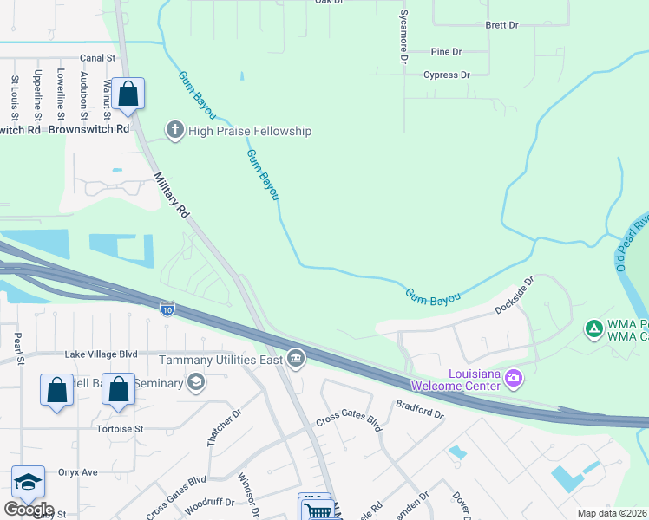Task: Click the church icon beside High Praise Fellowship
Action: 174,131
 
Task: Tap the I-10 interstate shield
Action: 167,308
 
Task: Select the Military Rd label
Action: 171,194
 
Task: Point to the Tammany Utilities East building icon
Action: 296,358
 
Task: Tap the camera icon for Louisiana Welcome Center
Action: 514,378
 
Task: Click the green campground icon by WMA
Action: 593,328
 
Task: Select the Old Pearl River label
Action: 631,242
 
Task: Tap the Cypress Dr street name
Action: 446,75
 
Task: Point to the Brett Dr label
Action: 501,25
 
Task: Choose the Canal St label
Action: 97,58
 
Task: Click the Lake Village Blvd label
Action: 102,354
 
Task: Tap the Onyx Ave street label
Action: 76,472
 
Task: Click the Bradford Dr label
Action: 419,409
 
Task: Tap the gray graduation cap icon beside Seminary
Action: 196,382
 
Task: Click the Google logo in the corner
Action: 28,510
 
